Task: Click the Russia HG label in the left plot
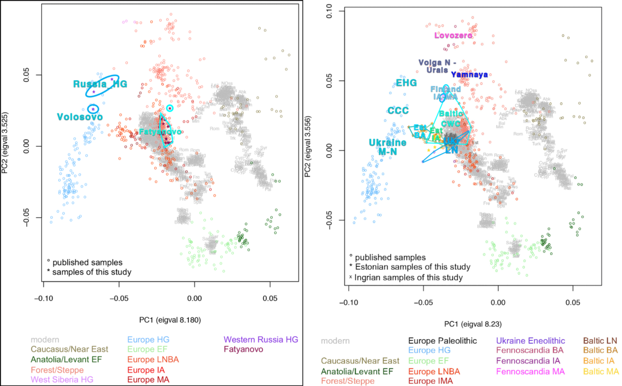tap(100, 84)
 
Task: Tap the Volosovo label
tap(79, 117)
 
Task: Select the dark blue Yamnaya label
tap(469, 74)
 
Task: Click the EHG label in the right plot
tap(406, 83)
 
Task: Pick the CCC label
tap(398, 110)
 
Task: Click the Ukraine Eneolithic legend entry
tap(530, 341)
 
